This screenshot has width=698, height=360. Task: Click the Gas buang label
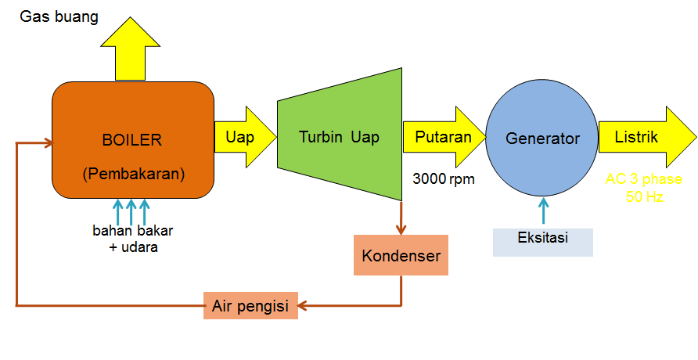click(x=59, y=16)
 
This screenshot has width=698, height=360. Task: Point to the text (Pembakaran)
click(x=133, y=174)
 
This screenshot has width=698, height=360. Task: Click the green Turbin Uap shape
click(x=339, y=137)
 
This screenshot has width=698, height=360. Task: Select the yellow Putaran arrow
click(x=443, y=138)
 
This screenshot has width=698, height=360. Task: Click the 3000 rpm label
click(x=444, y=178)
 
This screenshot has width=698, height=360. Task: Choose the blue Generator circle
click(x=542, y=139)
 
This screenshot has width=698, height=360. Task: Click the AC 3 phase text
click(x=643, y=179)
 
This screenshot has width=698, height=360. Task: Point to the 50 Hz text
click(x=644, y=197)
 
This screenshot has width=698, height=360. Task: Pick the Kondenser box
click(x=401, y=256)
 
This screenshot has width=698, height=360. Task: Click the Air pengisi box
click(x=250, y=305)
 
